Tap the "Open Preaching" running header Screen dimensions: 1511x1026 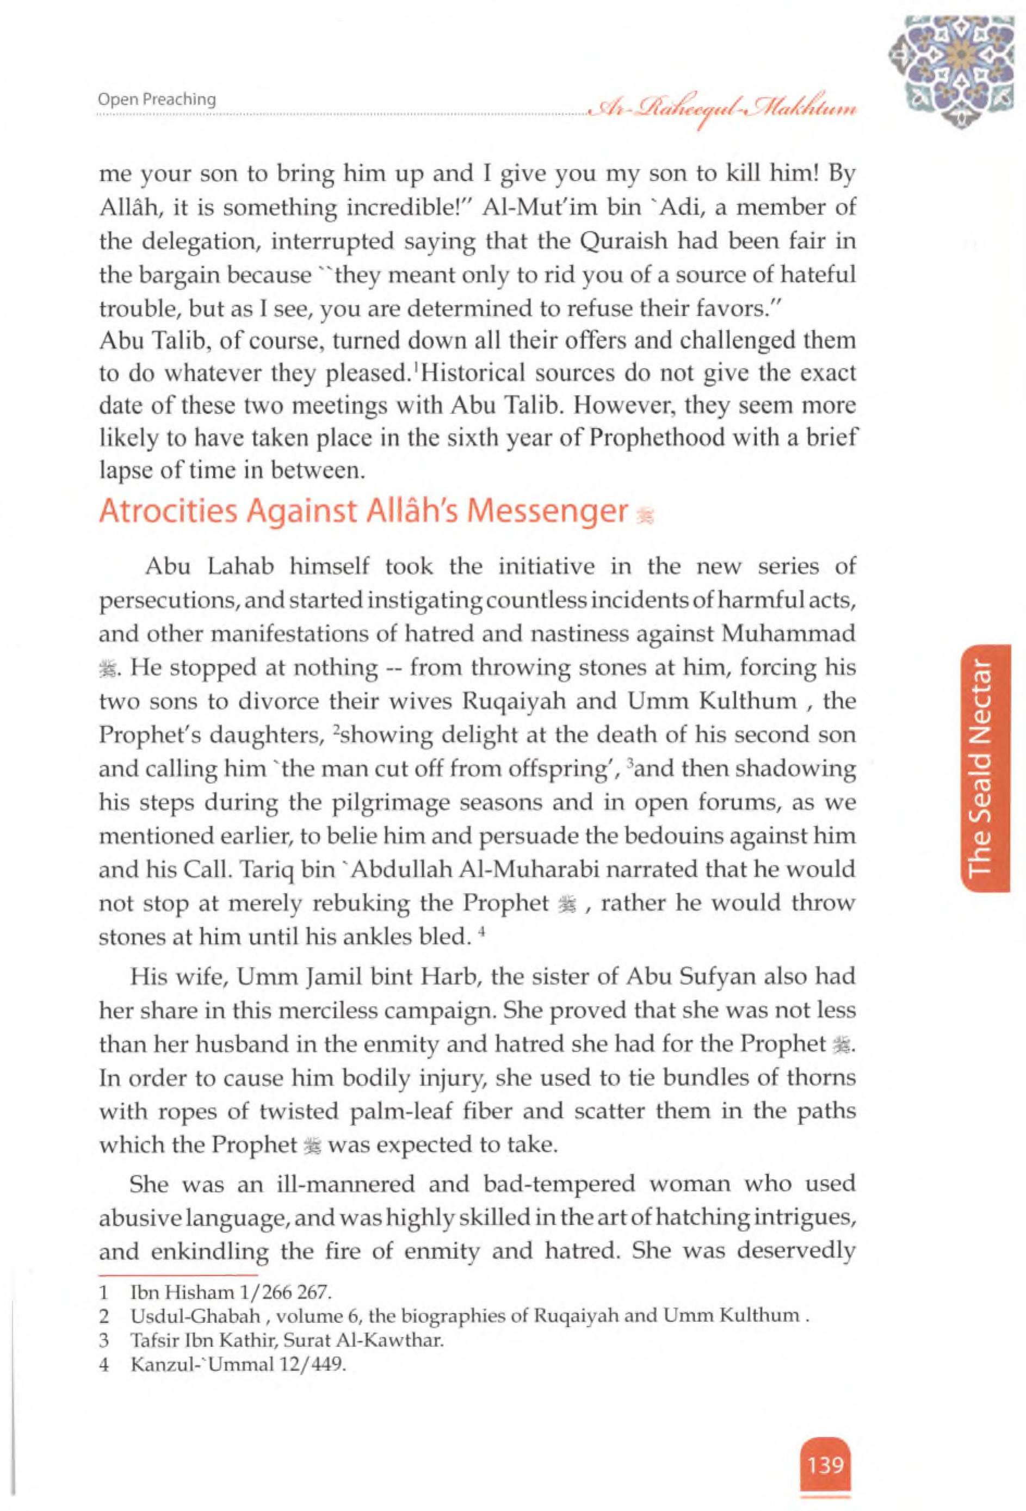pos(157,100)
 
